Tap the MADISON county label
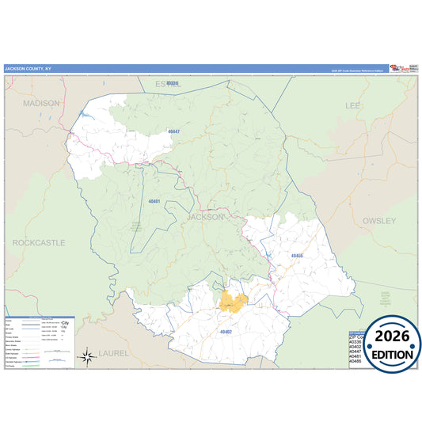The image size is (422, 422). point(41,103)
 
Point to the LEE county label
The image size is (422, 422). point(353,105)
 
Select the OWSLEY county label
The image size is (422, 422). point(378,221)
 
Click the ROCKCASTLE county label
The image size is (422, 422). point(39,242)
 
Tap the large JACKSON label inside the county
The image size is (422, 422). point(207,216)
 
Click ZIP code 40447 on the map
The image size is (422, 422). point(173,131)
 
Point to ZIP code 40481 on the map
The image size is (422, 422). point(154,202)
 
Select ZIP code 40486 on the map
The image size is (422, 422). point(296,256)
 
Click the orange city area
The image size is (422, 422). point(232,300)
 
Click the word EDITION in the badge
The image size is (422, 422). point(393,355)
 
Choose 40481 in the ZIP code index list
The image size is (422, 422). point(356,355)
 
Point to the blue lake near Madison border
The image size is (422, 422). point(86,116)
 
